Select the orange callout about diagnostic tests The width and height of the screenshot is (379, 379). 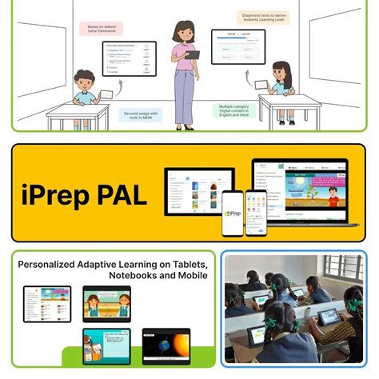point(259,18)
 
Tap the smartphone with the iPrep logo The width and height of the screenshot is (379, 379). point(233,213)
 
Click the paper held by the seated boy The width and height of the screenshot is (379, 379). point(105,95)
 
